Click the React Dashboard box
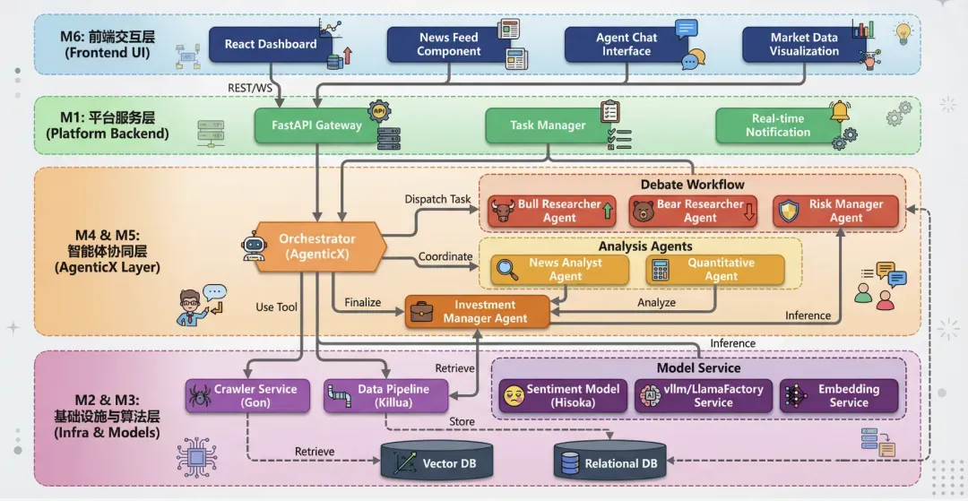tap(270, 44)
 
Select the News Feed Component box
tap(448, 44)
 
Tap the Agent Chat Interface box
tap(626, 44)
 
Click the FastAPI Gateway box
tap(316, 125)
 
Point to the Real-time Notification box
tap(777, 125)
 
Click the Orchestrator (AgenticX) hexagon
tap(316, 246)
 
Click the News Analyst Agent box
tap(557, 270)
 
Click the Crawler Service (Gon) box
tap(247, 396)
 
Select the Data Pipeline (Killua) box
tap(384, 396)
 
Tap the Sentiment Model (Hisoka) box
tap(563, 396)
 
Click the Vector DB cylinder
tap(436, 462)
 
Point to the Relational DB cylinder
tap(612, 462)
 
